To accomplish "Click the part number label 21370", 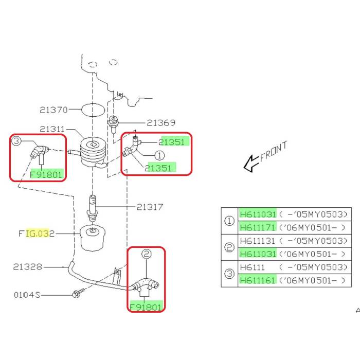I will tap(53, 110).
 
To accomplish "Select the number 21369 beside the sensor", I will tap(160, 123).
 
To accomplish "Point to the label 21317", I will tap(150, 207).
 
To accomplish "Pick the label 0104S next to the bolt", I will tap(27, 295).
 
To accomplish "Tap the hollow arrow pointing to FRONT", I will tap(250, 164).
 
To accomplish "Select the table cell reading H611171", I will tap(258, 227).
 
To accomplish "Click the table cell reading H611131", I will tap(258, 241).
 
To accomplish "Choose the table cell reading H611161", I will tap(258, 280).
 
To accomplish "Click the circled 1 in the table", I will tap(229, 221).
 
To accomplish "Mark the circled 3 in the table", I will tap(229, 274).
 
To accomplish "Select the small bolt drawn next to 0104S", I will tap(77, 295).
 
